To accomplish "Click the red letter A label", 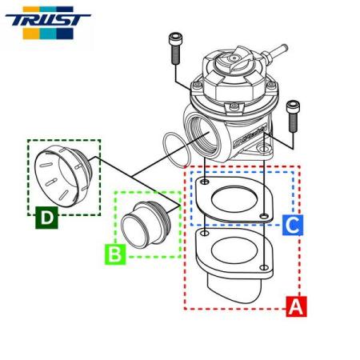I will point(296,306).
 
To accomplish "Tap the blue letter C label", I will point(293,225).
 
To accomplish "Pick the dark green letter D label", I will point(47,217).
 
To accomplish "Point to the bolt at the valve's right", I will point(294,115).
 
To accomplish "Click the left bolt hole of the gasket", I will point(206,183).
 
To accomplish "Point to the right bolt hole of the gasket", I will point(264,216).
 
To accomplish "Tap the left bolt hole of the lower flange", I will point(206,234).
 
